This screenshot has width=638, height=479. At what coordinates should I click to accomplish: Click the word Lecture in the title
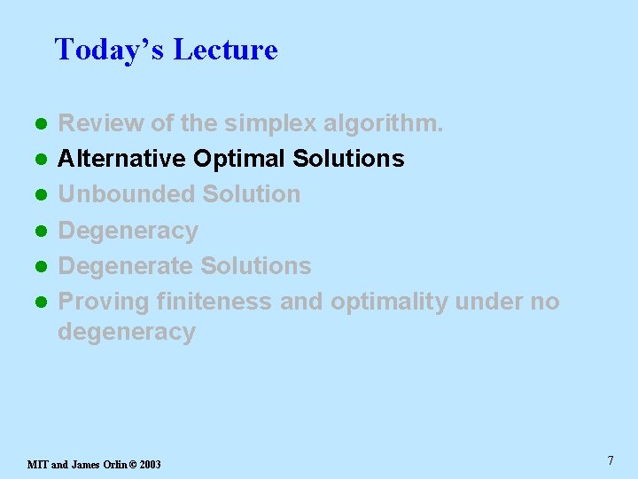(225, 50)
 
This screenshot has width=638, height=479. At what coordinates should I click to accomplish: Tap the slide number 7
(611, 460)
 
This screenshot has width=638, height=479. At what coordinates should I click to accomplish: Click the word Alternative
(121, 159)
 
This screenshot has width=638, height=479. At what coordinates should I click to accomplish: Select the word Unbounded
(126, 194)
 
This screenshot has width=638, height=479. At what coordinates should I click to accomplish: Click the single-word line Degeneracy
(128, 231)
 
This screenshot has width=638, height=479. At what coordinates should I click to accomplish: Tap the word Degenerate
(125, 266)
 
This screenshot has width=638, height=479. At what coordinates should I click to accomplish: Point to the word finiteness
(214, 302)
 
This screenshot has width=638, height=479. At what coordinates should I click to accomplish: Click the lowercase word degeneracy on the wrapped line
(126, 332)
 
